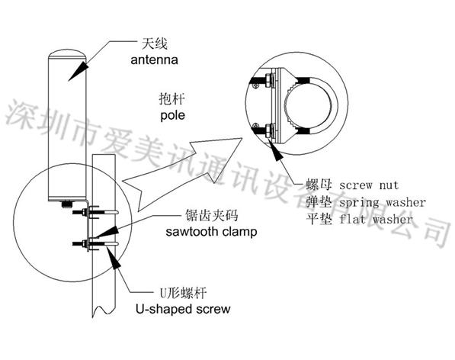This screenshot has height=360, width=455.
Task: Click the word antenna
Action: [154, 59]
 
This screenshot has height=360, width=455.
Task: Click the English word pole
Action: [173, 115]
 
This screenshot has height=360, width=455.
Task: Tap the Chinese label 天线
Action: [155, 44]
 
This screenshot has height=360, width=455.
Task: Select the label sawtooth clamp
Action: [211, 232]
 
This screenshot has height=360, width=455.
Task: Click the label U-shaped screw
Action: [183, 309]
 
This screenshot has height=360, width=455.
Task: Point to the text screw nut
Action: [369, 185]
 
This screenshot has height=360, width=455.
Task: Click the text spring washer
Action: [382, 202]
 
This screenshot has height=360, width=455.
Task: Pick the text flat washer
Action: [376, 219]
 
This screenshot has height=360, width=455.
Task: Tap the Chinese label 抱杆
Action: [172, 99]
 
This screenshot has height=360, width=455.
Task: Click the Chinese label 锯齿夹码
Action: [212, 215]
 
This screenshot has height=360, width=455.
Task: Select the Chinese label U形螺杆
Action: [184, 293]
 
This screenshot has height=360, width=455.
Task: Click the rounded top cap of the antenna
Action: [67, 53]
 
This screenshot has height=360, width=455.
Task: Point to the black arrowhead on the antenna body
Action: [79, 71]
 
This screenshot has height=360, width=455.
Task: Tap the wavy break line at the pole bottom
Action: [104, 310]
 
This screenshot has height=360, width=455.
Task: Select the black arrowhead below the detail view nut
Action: [276, 149]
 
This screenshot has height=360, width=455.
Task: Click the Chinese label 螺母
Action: [319, 185]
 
